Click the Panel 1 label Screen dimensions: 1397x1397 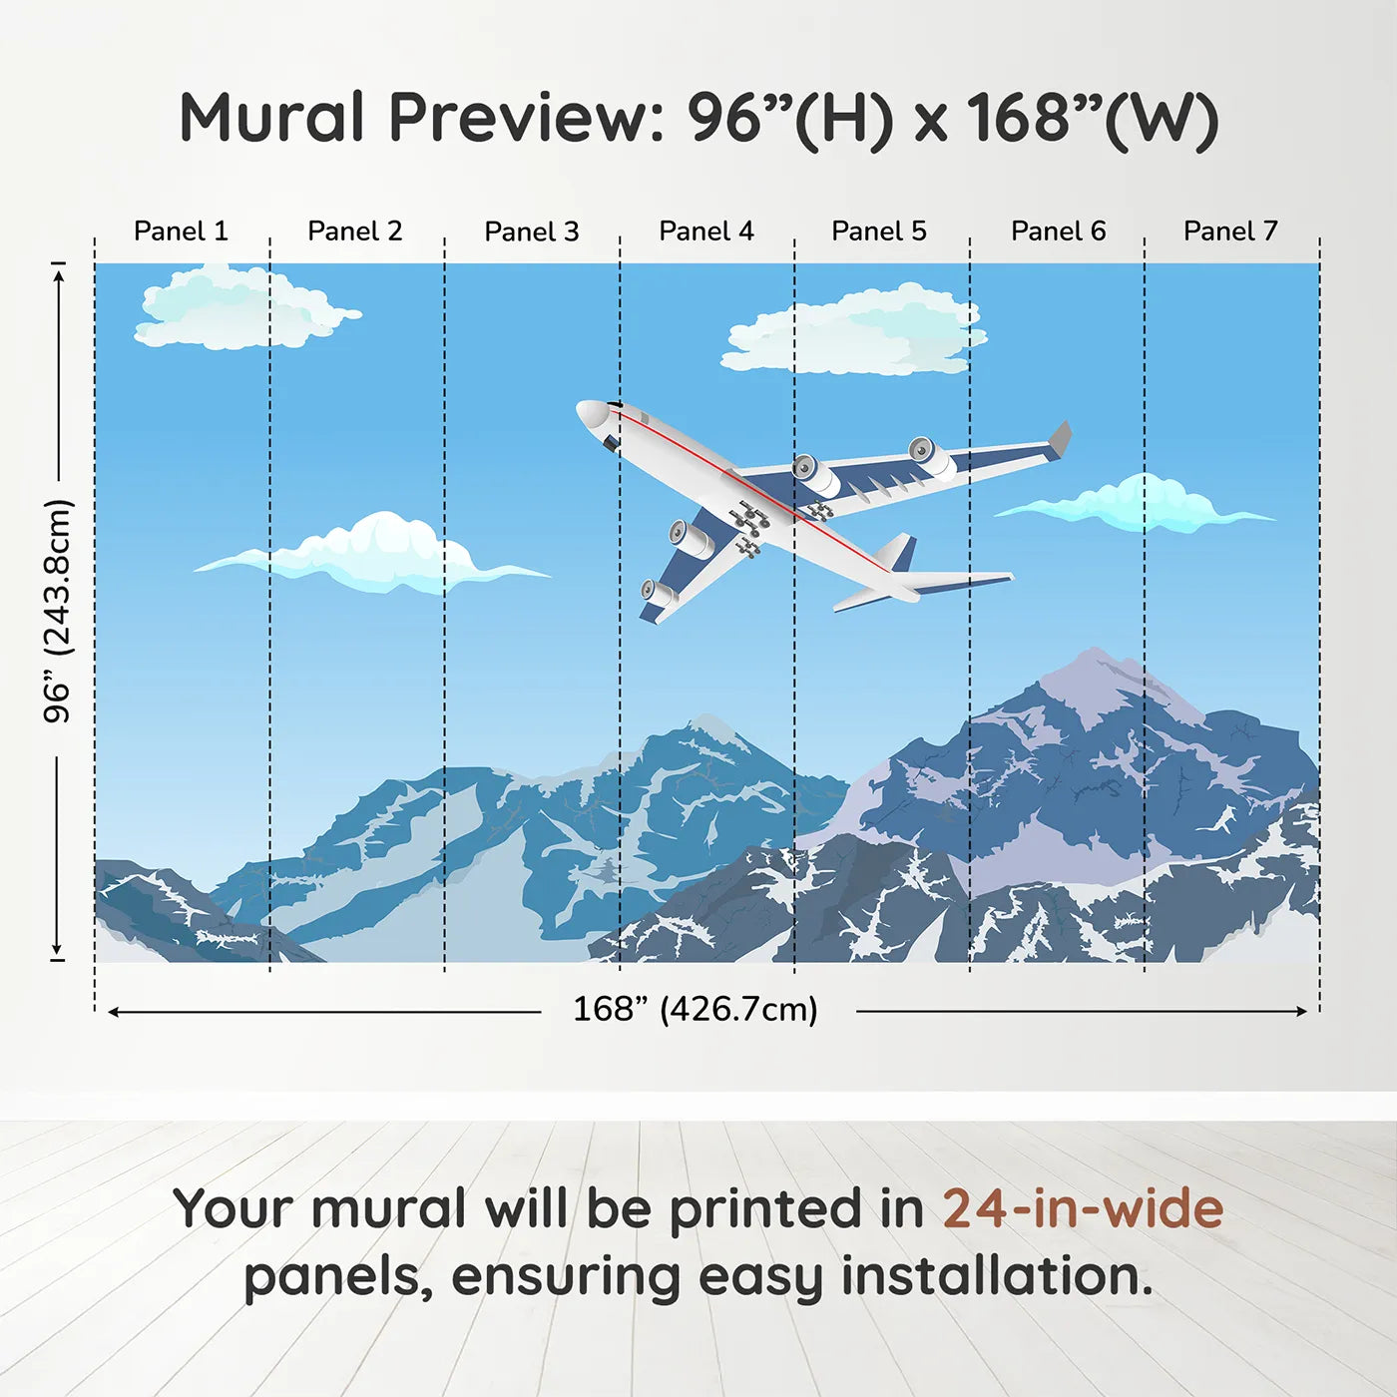pyautogui.click(x=181, y=232)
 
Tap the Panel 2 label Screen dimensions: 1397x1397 pyautogui.click(x=354, y=232)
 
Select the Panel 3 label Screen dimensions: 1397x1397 pyautogui.click(x=531, y=232)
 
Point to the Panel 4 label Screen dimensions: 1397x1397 pyautogui.click(x=705, y=232)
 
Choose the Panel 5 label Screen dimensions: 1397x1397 pyautogui.click(x=878, y=232)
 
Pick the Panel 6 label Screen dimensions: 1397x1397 pyautogui.click(x=1058, y=232)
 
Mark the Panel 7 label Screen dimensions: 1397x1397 pyautogui.click(x=1229, y=232)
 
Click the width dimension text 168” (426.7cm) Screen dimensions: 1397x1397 pyautogui.click(x=695, y=1010)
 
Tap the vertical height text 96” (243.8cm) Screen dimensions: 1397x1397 pyautogui.click(x=58, y=611)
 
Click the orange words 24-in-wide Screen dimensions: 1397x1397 pyautogui.click(x=1082, y=1209)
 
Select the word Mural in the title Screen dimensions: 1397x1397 pyautogui.click(x=271, y=118)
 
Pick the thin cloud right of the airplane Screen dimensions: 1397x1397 pyautogui.click(x=1138, y=505)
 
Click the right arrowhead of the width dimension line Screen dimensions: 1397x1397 pyautogui.click(x=1301, y=1011)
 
